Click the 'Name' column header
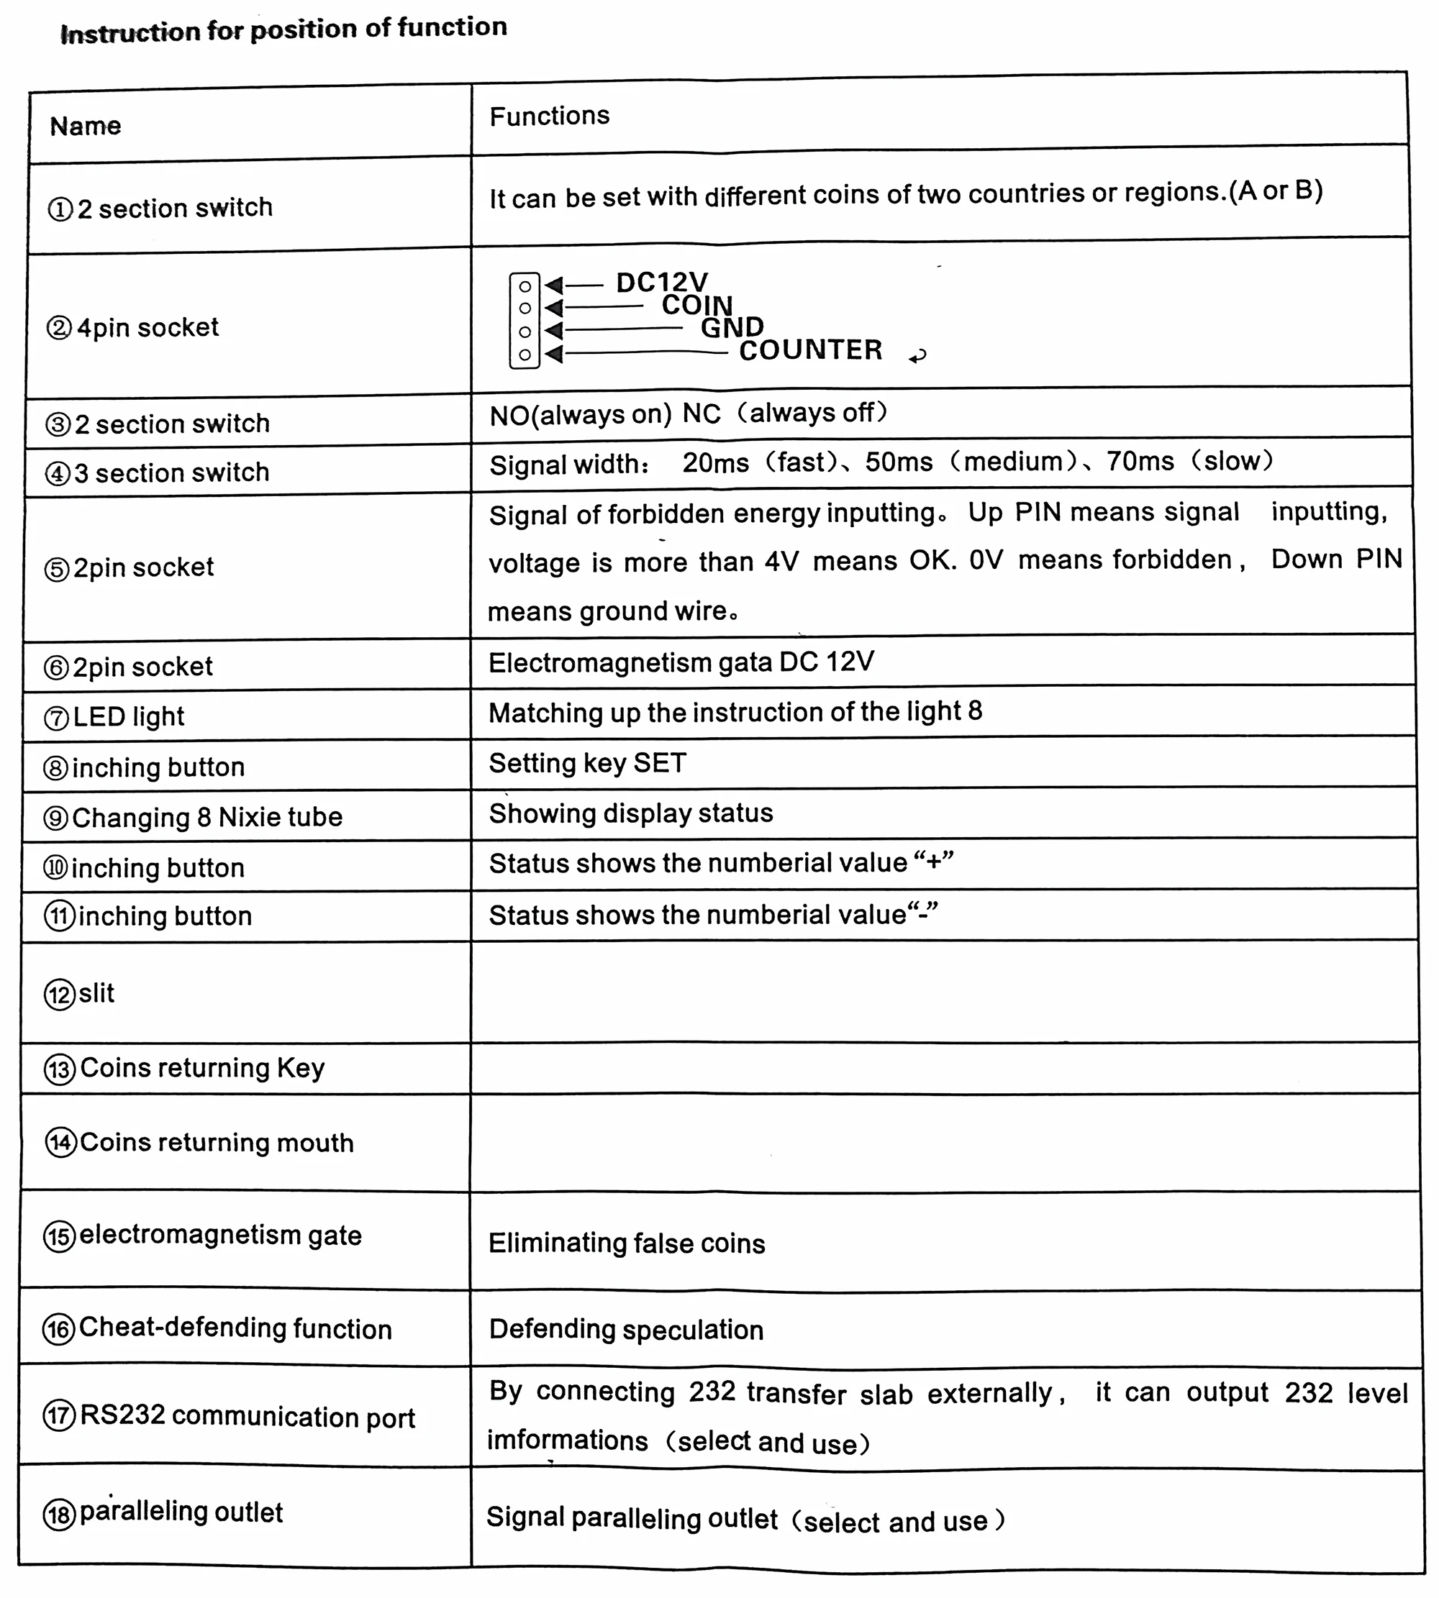point(86,126)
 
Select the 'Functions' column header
point(550,117)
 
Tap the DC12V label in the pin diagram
point(662,282)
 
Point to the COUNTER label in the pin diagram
point(810,350)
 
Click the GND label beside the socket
point(732,327)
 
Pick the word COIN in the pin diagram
point(697,305)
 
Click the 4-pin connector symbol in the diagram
point(525,320)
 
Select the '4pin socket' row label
point(147,327)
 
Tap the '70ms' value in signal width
point(1140,461)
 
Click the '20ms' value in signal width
point(716,462)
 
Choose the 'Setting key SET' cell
point(587,762)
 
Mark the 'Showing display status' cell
point(631,813)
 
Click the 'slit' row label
point(96,992)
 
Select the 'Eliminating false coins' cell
point(627,1243)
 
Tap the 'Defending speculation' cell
point(626,1329)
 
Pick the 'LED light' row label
point(128,717)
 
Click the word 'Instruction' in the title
point(130,32)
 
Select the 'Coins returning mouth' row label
point(216,1143)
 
